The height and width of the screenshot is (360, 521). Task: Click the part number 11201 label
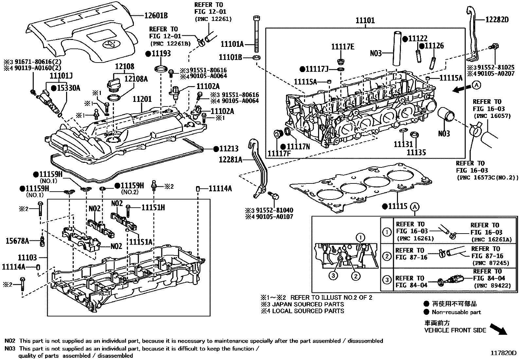(x=142, y=99)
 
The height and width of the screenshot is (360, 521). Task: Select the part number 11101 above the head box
(x=365, y=21)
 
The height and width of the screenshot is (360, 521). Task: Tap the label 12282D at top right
(x=497, y=19)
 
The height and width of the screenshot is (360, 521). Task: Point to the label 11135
(x=416, y=152)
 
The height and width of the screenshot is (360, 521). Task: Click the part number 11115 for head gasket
(x=398, y=206)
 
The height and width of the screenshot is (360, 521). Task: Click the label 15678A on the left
(x=17, y=241)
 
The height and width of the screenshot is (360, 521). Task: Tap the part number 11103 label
(x=27, y=258)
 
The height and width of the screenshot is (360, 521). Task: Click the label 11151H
(x=153, y=207)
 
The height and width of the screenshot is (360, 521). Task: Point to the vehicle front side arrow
(x=498, y=329)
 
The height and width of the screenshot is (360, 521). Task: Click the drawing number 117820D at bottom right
(x=503, y=353)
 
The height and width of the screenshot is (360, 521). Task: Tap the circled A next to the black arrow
(x=476, y=85)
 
